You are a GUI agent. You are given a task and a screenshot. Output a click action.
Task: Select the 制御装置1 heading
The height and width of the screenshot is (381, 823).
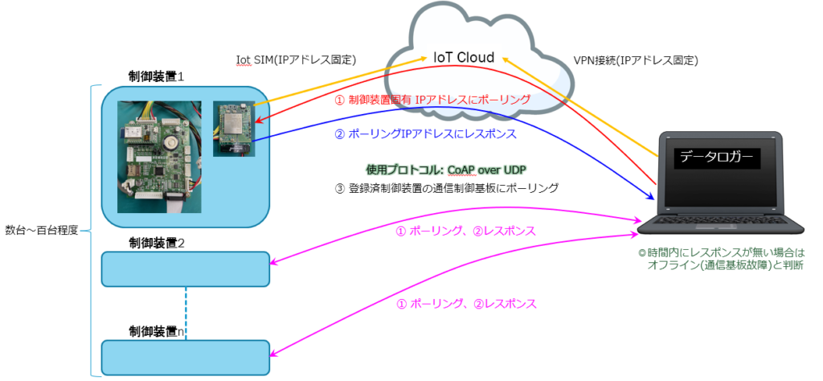pos(157,77)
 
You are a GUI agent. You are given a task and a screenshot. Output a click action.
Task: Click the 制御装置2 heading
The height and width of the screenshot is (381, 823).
pos(157,242)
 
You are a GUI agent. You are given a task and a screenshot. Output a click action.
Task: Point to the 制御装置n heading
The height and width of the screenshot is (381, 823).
pos(157,330)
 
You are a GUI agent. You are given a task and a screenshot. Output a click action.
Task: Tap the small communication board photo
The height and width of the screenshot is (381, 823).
pos(232,128)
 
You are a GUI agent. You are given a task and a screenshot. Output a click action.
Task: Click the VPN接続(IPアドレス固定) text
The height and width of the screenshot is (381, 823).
pos(635,59)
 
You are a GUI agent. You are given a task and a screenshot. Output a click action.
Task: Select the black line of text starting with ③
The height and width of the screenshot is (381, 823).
pos(445,188)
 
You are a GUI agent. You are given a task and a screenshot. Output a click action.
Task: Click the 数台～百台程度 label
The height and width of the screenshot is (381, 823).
pos(41,230)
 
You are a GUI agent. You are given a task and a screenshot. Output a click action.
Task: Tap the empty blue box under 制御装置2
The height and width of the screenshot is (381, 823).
pos(185,268)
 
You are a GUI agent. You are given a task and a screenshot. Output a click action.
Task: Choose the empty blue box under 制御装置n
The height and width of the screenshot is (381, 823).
pos(185,356)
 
